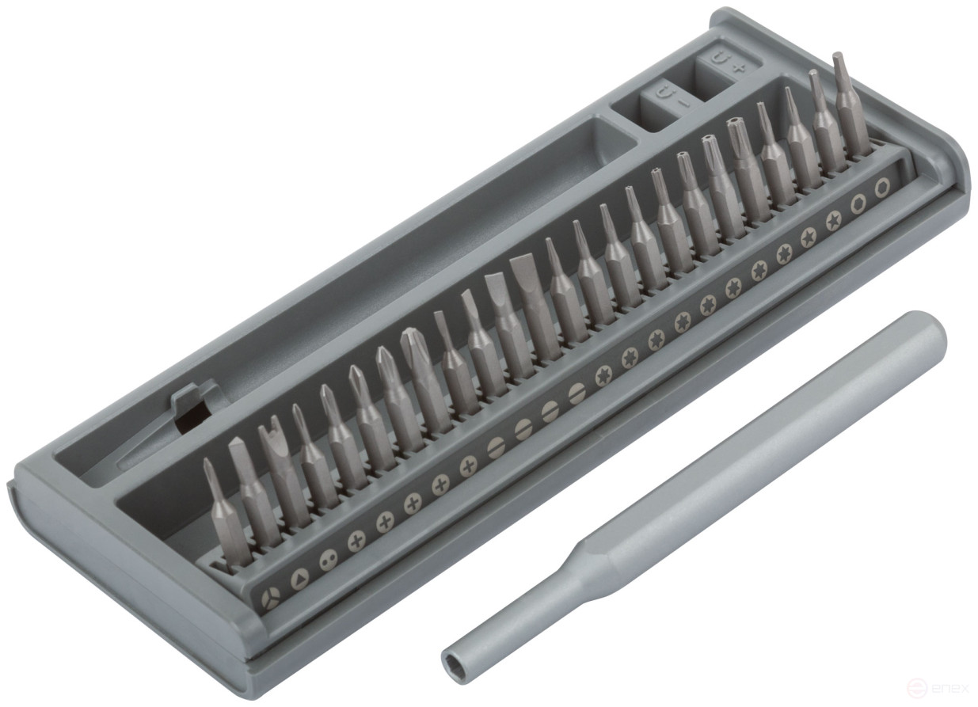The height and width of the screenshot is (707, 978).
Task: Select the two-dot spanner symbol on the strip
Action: coord(327,560)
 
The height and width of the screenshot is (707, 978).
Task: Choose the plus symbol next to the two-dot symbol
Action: coord(356,542)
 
